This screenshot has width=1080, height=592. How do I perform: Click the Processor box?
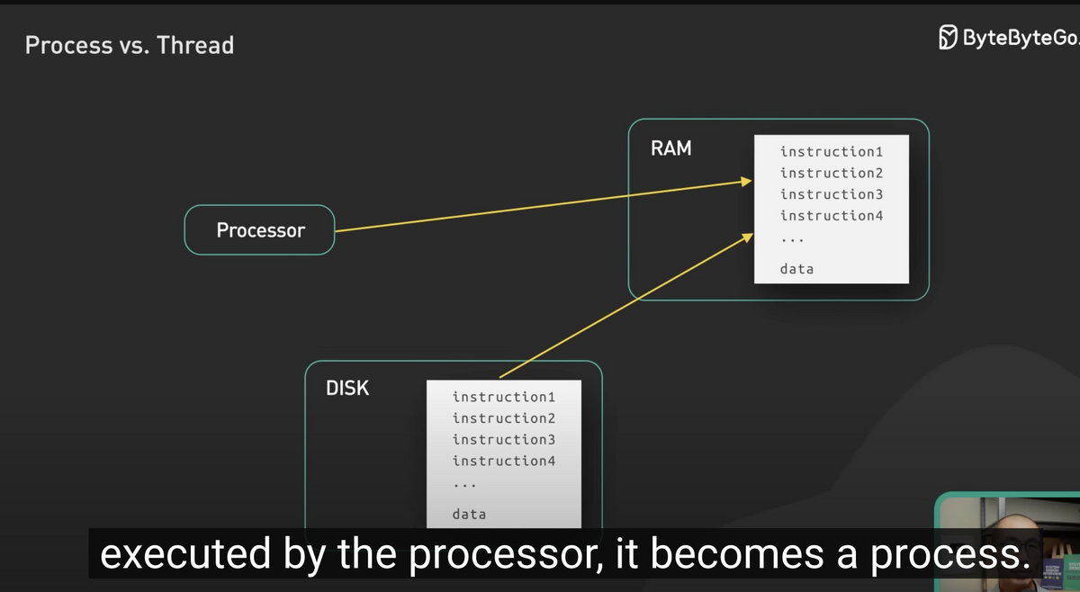(259, 230)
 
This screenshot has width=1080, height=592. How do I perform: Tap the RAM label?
(671, 148)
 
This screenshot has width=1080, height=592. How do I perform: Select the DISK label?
(347, 388)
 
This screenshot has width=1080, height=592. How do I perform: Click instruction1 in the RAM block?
(832, 152)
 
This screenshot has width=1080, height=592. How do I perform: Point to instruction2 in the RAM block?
(832, 173)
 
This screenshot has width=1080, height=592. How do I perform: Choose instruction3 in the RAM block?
(832, 194)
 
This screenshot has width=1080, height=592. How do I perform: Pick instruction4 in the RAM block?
(832, 216)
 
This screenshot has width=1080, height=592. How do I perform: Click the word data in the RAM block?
(796, 269)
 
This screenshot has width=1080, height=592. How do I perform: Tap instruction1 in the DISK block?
(503, 398)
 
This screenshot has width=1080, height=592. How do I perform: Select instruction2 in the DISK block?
(503, 418)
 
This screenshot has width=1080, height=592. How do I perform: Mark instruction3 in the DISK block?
(503, 440)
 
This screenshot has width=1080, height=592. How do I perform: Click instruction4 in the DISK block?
(503, 461)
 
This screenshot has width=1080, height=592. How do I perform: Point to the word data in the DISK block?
(469, 515)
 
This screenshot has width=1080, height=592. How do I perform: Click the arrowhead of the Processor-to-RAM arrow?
(747, 181)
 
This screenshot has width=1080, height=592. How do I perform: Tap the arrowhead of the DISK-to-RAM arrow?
(748, 237)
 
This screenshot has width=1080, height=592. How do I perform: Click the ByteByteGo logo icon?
(948, 37)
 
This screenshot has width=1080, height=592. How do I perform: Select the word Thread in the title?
(195, 45)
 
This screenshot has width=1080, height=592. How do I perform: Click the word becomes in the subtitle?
(737, 554)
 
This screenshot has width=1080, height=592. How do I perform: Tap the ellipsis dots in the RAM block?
(792, 240)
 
